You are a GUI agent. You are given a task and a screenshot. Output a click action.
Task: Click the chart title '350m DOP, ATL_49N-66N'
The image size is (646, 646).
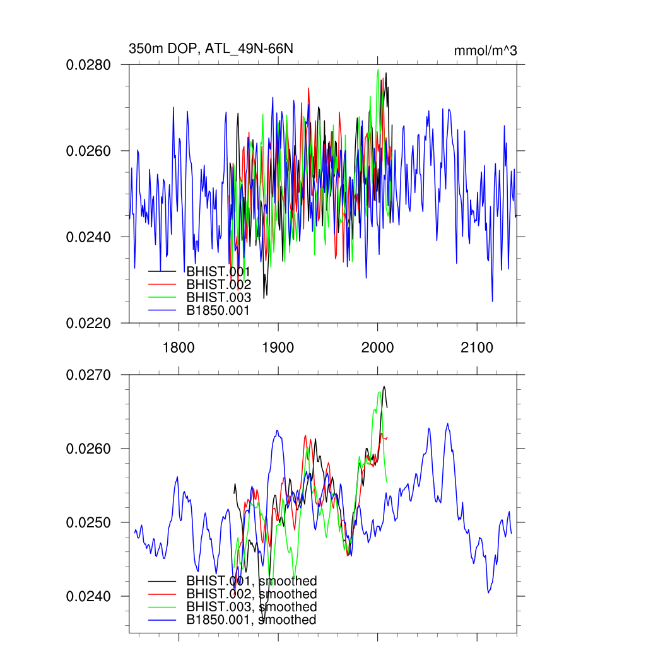coord(211,49)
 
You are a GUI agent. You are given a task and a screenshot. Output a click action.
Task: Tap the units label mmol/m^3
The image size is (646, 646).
coord(485,50)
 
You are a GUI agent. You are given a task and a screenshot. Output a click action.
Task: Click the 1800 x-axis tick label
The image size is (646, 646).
coord(179,347)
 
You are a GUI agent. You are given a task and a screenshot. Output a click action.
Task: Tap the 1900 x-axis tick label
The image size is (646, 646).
coord(278,347)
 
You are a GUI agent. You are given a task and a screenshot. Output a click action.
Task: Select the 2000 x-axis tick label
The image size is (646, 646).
coord(377,347)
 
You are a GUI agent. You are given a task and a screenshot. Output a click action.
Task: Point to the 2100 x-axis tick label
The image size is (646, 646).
coord(477,347)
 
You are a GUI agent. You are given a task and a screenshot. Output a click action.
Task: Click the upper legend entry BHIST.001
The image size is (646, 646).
coord(218,272)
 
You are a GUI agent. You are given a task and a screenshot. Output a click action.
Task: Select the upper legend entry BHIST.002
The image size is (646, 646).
coord(218,285)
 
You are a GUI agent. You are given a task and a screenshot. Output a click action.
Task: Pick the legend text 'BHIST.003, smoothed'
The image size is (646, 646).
coord(251,607)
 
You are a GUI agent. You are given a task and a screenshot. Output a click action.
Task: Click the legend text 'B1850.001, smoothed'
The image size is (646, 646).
coord(251,620)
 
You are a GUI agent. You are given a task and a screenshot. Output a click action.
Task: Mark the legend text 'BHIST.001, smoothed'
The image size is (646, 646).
coord(251,581)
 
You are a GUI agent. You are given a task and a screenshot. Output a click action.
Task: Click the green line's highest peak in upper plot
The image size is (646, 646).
coord(378,69)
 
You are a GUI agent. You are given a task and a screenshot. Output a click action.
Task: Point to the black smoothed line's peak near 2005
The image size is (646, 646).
coord(384,386)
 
